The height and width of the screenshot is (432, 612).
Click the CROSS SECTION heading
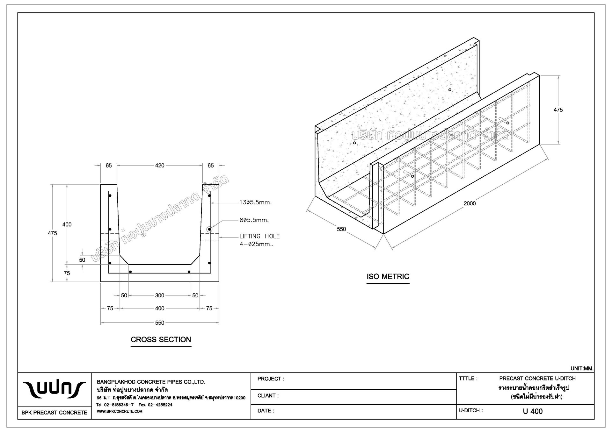click(x=161, y=339)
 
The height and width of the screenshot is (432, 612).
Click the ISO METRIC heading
click(x=388, y=276)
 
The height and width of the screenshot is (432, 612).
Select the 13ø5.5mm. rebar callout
click(x=256, y=202)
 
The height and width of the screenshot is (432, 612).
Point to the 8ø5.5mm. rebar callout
click(x=254, y=220)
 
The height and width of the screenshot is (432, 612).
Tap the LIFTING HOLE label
click(x=259, y=236)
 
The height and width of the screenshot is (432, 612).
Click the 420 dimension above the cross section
click(x=160, y=166)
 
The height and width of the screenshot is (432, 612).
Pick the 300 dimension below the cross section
click(x=160, y=295)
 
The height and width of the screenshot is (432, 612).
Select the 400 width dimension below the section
click(x=160, y=308)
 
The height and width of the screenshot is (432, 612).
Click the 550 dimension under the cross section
click(x=160, y=323)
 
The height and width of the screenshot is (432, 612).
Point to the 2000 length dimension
click(x=470, y=203)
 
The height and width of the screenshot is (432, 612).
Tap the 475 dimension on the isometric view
click(x=558, y=110)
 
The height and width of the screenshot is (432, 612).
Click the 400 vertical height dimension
click(x=67, y=224)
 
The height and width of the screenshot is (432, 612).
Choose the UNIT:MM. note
click(x=582, y=369)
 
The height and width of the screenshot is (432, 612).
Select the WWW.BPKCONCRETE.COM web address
click(x=119, y=411)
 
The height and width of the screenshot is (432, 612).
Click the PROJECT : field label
click(x=271, y=379)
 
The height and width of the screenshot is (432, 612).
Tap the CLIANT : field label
click(x=268, y=396)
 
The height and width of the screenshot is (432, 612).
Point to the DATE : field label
click(x=266, y=411)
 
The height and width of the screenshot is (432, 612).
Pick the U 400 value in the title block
click(x=533, y=411)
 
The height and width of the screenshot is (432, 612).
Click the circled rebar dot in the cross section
click(x=209, y=229)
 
